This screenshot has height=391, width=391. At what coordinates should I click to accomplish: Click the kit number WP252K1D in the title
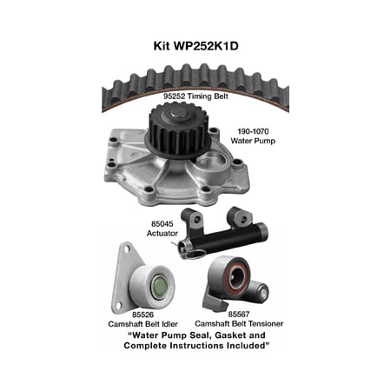click(x=206, y=46)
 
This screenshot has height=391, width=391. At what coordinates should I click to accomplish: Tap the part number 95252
click(x=174, y=96)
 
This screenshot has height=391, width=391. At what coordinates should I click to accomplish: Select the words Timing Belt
click(x=208, y=96)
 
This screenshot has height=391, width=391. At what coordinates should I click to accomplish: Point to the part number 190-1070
click(x=253, y=131)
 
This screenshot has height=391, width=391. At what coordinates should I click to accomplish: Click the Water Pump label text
click(x=253, y=141)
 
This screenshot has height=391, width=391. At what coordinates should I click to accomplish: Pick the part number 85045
click(x=162, y=224)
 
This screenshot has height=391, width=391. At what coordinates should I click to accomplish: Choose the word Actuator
click(x=162, y=233)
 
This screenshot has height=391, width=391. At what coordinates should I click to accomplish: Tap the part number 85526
click(x=142, y=315)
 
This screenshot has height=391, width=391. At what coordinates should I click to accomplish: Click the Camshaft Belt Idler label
click(x=142, y=324)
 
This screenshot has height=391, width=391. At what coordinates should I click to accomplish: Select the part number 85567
click(x=239, y=315)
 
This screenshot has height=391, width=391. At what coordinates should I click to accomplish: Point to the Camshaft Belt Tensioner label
click(x=239, y=323)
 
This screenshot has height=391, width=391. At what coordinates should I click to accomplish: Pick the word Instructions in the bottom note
click(x=210, y=346)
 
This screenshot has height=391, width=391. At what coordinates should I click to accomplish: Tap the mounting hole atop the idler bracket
click(x=127, y=248)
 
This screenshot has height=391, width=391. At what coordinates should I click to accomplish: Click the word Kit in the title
click(x=162, y=46)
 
